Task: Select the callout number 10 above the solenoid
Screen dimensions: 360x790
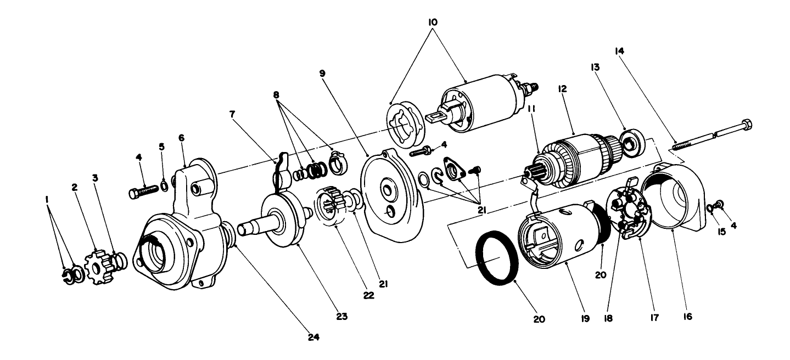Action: (433, 22)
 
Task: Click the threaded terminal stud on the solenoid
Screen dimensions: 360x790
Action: (532, 87)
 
